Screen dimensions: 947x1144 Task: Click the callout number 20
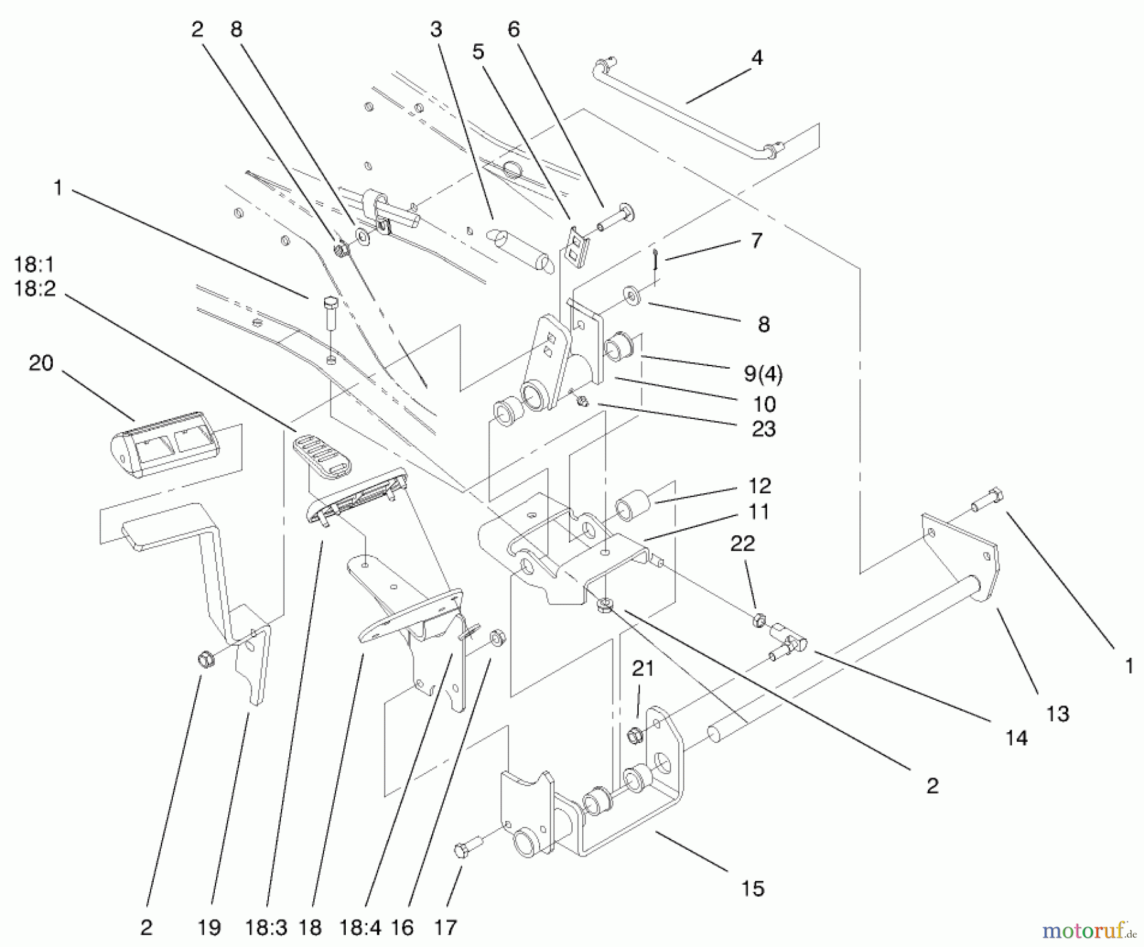(41, 364)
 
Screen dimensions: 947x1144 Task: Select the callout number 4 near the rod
(756, 58)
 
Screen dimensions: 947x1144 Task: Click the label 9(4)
(763, 374)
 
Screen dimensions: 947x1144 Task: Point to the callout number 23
(763, 429)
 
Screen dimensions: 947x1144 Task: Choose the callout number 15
(752, 888)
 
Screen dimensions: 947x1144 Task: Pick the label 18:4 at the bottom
(360, 928)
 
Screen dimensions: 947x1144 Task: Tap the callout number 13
(1058, 714)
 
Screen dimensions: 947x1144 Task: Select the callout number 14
(1016, 738)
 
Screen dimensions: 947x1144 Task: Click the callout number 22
(742, 543)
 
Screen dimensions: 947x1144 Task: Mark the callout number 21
(643, 669)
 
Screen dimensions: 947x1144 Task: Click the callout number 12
(759, 486)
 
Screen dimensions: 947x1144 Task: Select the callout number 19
(209, 928)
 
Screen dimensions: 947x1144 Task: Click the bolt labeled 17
(463, 850)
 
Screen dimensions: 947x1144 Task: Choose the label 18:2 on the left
(34, 289)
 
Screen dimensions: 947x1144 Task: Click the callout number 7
(756, 241)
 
